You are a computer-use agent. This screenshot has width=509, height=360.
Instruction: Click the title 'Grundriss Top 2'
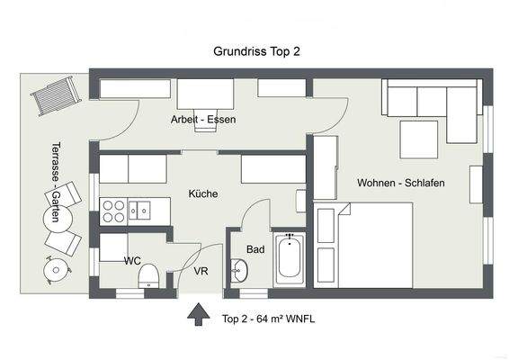click(256, 52)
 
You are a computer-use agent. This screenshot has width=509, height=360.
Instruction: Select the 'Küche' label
click(202, 193)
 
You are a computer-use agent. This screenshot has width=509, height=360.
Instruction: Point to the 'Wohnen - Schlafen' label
click(400, 183)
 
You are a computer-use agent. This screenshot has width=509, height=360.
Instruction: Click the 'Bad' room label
click(255, 249)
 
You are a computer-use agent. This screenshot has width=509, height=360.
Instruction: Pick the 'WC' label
click(132, 261)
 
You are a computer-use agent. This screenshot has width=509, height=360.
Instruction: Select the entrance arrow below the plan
click(194, 316)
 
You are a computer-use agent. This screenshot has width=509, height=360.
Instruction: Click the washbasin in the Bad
click(239, 269)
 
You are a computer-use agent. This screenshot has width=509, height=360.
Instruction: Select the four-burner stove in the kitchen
click(114, 211)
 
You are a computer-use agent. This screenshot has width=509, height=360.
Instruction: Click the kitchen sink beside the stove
click(140, 211)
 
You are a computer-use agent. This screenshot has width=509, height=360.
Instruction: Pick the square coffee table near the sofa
click(419, 139)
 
